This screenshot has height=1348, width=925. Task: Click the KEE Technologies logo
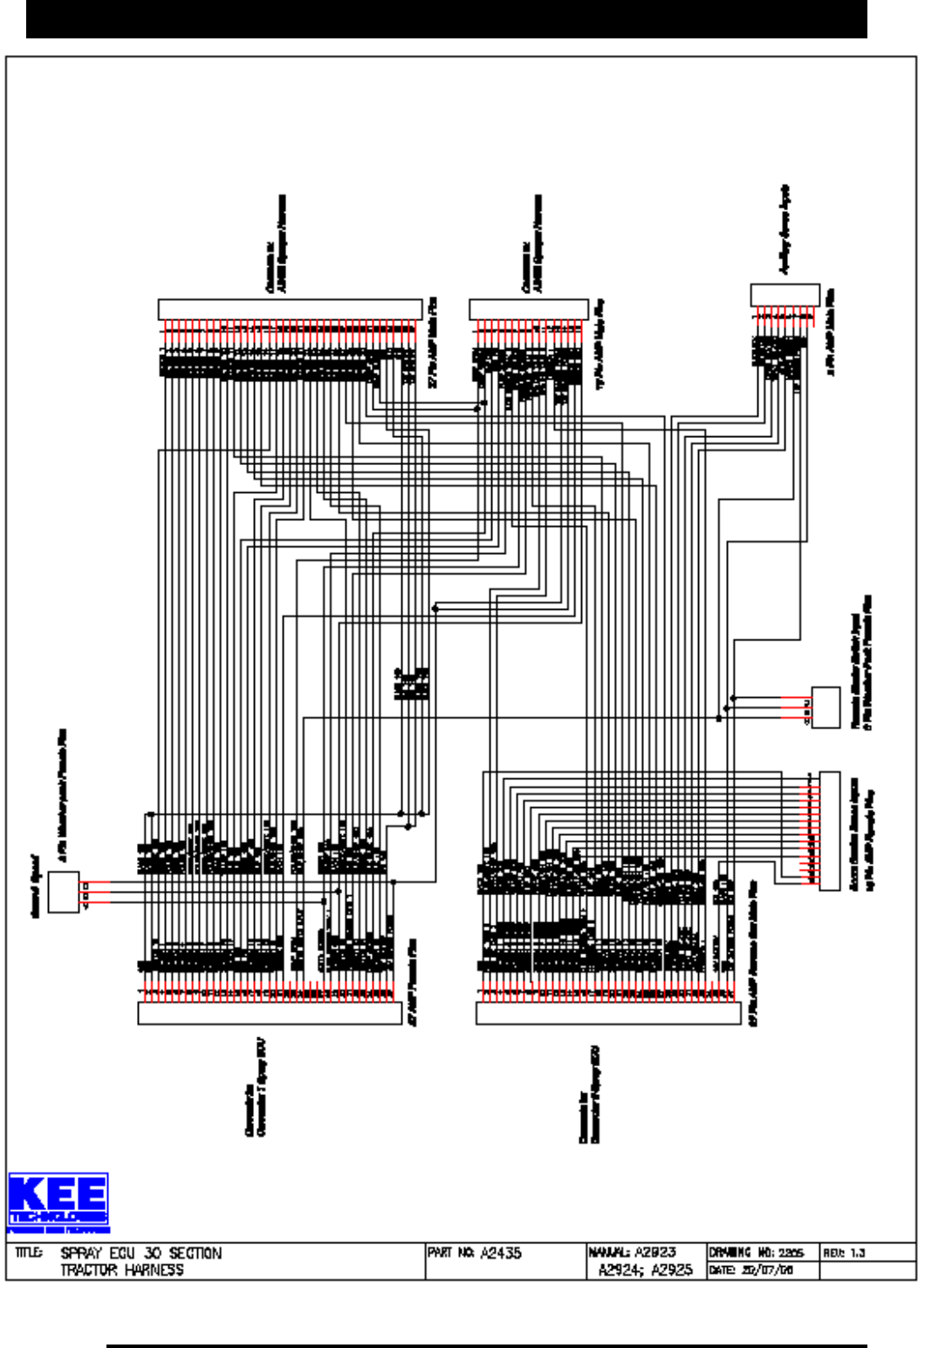click(58, 1201)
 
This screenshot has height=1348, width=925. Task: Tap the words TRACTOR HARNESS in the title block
click(122, 1270)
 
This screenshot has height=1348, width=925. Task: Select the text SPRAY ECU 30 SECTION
click(140, 1253)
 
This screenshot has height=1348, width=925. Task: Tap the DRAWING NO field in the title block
click(756, 1252)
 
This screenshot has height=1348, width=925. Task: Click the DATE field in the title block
click(750, 1270)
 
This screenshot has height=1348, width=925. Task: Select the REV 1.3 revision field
click(843, 1253)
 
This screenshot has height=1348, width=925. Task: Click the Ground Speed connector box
click(64, 892)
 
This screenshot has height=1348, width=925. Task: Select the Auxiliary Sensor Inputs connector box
click(785, 295)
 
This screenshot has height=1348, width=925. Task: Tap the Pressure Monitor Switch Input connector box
click(826, 707)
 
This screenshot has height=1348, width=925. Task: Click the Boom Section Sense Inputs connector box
click(829, 831)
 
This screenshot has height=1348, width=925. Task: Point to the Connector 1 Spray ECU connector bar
click(270, 1013)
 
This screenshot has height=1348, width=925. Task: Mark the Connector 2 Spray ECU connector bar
click(607, 1013)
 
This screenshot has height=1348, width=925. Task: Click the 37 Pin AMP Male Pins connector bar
click(289, 310)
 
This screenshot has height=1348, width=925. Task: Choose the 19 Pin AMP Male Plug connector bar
click(528, 310)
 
